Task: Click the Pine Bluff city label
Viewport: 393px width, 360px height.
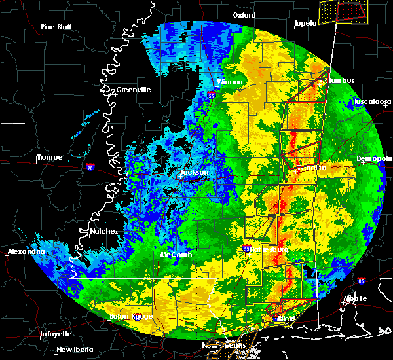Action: (x=56, y=27)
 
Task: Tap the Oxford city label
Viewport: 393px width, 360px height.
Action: (x=244, y=15)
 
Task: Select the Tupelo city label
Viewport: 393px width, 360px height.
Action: (x=305, y=23)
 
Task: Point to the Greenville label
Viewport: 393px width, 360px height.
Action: (x=134, y=90)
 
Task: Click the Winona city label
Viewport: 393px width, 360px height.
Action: (x=230, y=82)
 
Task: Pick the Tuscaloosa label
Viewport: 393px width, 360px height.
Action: (x=373, y=101)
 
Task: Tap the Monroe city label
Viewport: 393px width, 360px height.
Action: (x=50, y=157)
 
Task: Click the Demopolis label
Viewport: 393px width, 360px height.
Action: (x=375, y=158)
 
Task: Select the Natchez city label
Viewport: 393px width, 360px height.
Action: (x=104, y=231)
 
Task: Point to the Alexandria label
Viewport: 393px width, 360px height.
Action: (x=26, y=251)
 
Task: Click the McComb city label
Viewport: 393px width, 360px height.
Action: (x=176, y=255)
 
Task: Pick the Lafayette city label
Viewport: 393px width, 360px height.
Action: (x=56, y=334)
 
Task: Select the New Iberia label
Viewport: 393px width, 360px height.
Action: (x=74, y=350)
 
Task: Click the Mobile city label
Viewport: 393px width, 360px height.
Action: (x=356, y=298)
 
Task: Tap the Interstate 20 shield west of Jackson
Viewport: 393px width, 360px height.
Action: (x=90, y=168)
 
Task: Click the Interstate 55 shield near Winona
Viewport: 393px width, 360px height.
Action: (x=211, y=96)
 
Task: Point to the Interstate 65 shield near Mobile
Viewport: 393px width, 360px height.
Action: (x=362, y=281)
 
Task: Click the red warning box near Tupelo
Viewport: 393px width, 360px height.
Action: (x=350, y=10)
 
